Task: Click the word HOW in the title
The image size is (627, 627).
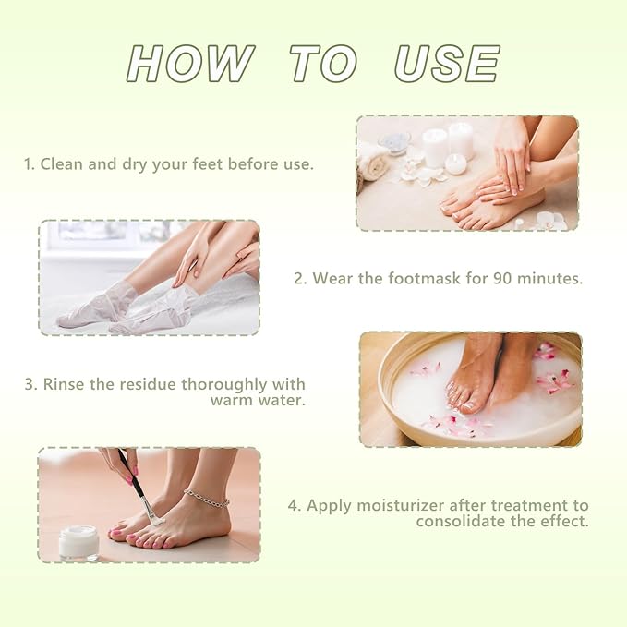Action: coord(190,65)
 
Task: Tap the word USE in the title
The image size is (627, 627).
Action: coord(447,65)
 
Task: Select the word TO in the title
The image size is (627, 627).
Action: coord(322,65)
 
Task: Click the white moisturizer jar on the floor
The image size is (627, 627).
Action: coord(78,542)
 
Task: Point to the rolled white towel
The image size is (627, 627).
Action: coord(374,162)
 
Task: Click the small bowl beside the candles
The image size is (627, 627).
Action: coord(394,143)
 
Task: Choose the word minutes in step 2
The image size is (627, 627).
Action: coord(550,278)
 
